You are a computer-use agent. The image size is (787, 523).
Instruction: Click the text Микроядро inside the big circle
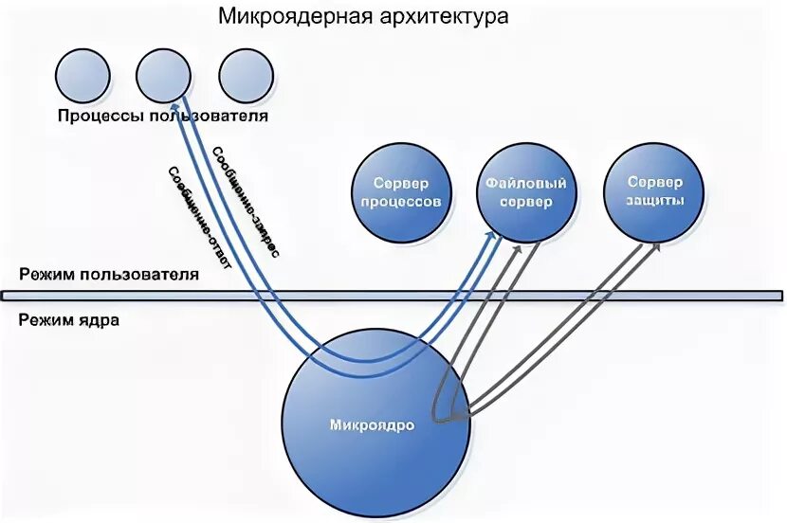[x=372, y=425]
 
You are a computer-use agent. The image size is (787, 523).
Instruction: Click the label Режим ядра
[x=68, y=319]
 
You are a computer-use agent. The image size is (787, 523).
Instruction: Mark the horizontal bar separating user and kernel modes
[x=393, y=297]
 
